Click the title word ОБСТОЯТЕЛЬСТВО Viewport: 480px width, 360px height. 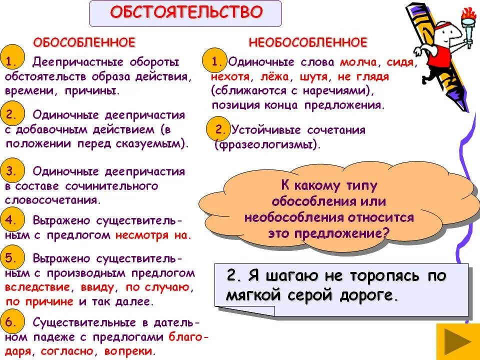[185, 12]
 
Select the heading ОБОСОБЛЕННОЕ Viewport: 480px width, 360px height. [83, 42]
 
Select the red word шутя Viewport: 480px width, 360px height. [314, 77]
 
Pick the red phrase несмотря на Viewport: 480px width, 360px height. [153, 234]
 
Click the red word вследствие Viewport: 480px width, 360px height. [37, 287]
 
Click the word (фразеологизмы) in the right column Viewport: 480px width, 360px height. [266, 145]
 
